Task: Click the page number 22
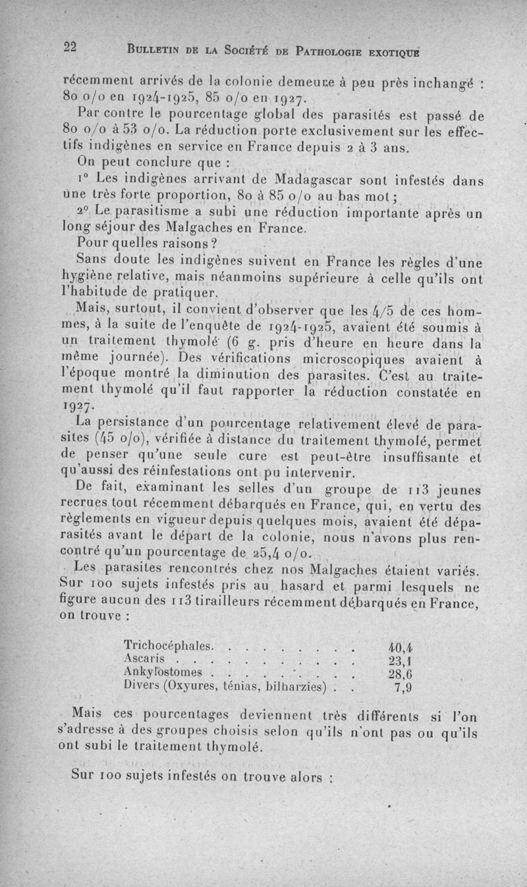click(x=70, y=47)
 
